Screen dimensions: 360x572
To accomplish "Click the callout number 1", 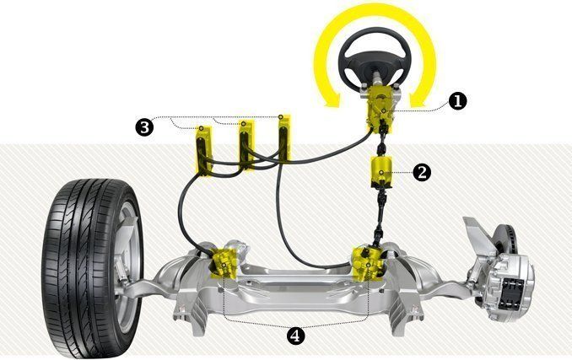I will click(x=456, y=100).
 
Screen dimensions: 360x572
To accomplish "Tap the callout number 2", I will click(x=422, y=172).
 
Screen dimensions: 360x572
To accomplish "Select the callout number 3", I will click(x=144, y=126).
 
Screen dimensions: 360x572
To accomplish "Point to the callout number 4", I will click(x=295, y=335).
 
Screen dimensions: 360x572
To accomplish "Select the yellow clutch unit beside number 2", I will click(x=381, y=172).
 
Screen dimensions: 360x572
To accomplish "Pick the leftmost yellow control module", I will click(x=205, y=148).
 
